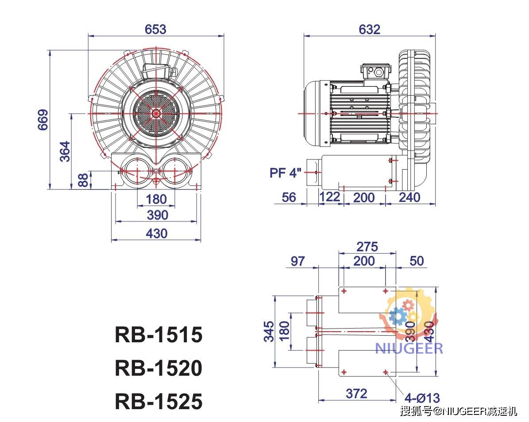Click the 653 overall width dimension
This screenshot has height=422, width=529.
(155, 29)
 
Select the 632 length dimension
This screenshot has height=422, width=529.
(369, 29)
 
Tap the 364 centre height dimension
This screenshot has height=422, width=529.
(65, 151)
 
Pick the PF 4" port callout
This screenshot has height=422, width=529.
(286, 172)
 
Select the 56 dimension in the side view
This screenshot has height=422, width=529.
(289, 197)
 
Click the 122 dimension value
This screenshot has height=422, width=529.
(329, 197)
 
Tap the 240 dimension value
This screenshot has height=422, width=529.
(409, 197)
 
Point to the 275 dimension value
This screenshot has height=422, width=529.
(367, 246)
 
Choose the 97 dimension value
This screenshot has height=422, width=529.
(297, 261)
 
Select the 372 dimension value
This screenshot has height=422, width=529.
(357, 393)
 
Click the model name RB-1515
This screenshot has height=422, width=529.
(158, 335)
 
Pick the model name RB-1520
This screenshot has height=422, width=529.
(158, 368)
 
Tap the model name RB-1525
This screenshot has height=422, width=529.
(158, 401)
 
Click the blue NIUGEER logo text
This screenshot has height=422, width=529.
(409, 348)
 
